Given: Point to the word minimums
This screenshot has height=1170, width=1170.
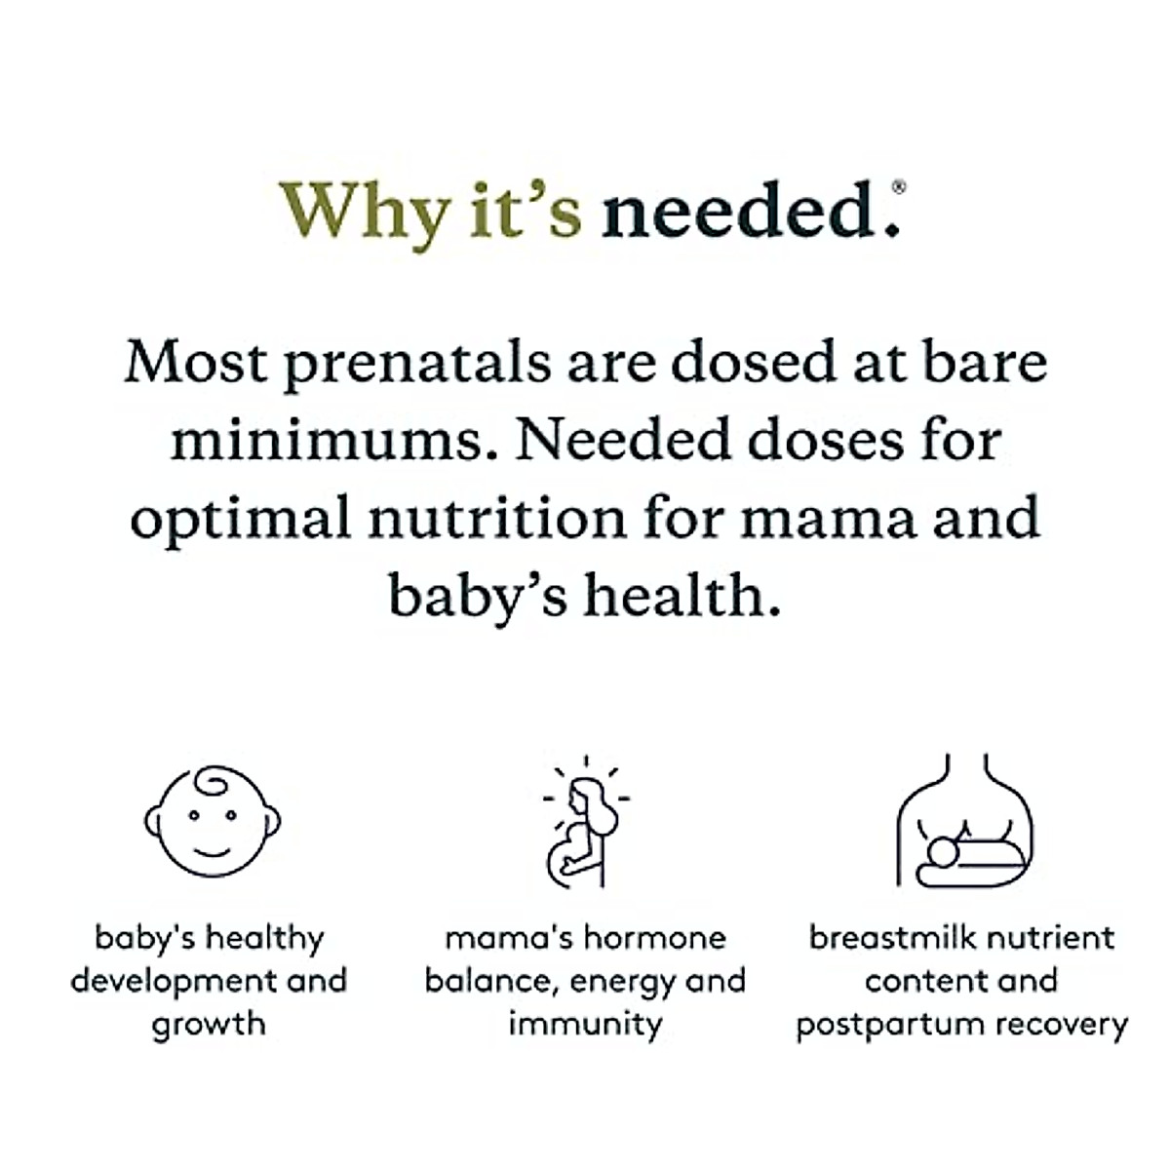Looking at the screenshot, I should [x=327, y=441].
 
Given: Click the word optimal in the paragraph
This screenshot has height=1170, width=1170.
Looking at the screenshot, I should [x=239, y=519].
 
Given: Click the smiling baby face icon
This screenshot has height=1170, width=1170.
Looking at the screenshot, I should [x=213, y=821].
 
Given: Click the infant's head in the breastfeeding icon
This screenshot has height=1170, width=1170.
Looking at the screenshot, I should [x=943, y=852].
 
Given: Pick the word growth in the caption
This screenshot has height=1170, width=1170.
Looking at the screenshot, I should [x=209, y=1025].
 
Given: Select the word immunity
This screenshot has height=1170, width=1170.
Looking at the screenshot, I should [x=585, y=1025].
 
